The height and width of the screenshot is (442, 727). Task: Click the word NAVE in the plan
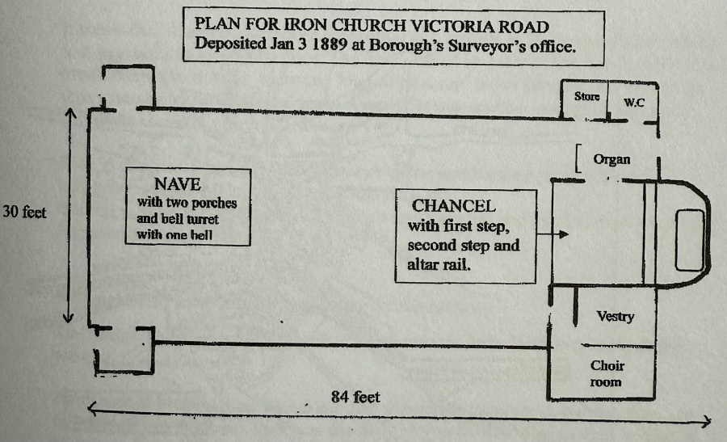[x=178, y=183]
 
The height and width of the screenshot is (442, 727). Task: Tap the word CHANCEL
[x=453, y=205]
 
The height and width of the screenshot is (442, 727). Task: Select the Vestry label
[x=615, y=317]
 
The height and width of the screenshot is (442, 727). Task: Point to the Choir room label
[x=607, y=373]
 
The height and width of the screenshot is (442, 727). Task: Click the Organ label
[x=611, y=159]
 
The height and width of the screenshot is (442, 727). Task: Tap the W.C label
[x=633, y=103]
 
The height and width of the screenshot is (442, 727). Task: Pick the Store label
[x=587, y=96]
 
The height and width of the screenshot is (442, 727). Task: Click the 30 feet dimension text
[x=24, y=213]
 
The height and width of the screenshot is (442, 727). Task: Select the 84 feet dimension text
[x=355, y=397]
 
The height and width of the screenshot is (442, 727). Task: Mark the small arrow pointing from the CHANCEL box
[x=553, y=235]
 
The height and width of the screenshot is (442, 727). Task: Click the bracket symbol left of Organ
[x=580, y=158]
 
